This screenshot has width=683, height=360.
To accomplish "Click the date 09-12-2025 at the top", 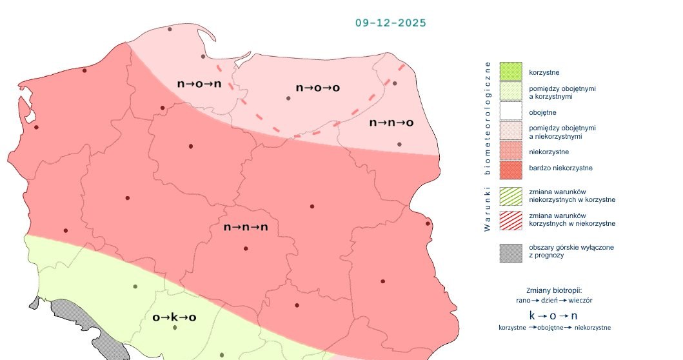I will [390, 23].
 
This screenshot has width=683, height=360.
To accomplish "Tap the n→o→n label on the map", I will [199, 84].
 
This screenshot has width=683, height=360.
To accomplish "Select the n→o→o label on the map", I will [317, 87].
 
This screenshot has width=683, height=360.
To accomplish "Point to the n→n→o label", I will [391, 123].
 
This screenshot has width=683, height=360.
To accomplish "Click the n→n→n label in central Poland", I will [246, 227].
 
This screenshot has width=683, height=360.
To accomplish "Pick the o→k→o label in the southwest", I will [173, 317].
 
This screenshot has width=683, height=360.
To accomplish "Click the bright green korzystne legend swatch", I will [510, 71].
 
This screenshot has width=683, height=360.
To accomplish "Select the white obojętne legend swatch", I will [510, 112].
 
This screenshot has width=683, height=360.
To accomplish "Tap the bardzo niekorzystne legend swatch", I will [510, 169].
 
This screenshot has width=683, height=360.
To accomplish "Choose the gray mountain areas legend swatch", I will [510, 252].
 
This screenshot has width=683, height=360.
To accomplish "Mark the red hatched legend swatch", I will [510, 219].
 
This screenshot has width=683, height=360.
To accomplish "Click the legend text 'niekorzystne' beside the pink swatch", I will [548, 152].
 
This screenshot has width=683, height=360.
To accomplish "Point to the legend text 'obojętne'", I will [542, 112].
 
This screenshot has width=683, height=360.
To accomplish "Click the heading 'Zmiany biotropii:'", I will [554, 290].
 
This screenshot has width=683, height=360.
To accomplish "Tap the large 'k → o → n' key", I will [553, 315].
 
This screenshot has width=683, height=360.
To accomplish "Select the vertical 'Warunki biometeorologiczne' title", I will [488, 146].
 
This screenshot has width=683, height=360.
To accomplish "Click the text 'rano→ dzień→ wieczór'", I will [554, 300].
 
